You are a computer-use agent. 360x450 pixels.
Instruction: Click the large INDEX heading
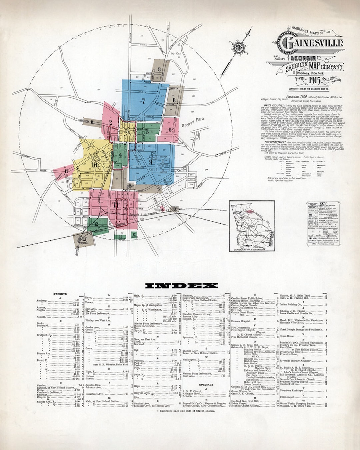click(x=182, y=286)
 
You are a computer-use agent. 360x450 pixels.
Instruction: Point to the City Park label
click(x=175, y=53)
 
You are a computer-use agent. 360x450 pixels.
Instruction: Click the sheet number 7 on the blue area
click(x=143, y=101)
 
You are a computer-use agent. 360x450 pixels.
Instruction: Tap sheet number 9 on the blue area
click(x=151, y=162)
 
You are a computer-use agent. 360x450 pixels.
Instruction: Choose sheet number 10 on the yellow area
click(x=94, y=164)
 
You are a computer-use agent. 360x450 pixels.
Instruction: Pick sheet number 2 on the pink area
click(x=110, y=122)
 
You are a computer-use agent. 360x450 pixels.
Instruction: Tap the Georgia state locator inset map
click(x=252, y=227)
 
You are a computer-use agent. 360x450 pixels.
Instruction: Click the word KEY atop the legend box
click(x=322, y=203)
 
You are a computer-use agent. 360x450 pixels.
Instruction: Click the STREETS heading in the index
click(x=60, y=294)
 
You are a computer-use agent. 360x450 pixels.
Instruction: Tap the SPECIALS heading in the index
click(x=206, y=385)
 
